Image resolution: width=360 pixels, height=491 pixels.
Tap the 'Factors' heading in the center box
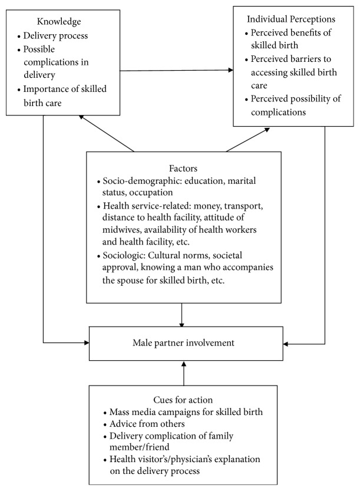183,167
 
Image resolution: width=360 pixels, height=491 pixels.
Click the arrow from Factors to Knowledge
107,133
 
